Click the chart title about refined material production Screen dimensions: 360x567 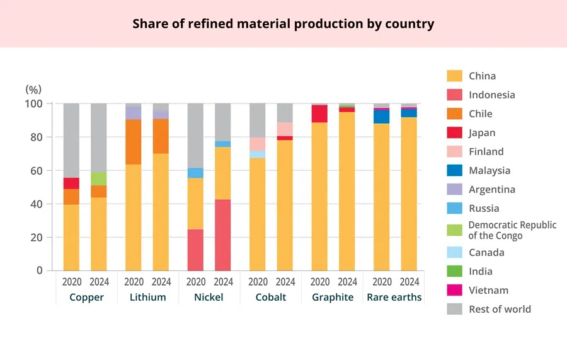point(283,24)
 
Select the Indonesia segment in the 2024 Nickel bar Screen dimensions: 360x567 point(223,235)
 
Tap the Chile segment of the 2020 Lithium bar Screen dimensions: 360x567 point(134,142)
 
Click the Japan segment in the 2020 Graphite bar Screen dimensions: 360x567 point(319,114)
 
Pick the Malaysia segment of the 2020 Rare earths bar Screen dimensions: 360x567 point(381,117)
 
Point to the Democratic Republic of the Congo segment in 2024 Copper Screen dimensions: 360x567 point(99,178)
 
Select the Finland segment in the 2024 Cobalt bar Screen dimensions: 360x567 point(285,129)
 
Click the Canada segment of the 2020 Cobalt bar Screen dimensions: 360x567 point(257,154)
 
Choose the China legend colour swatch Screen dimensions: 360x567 point(454,76)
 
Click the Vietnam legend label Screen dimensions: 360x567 point(488,291)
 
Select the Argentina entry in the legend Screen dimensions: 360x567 point(491,190)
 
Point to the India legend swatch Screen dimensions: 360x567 point(454,272)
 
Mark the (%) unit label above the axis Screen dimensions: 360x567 point(33,90)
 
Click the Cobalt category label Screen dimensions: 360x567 point(271,297)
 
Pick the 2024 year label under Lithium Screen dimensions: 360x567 point(161,282)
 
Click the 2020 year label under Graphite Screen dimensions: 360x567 point(319,282)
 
